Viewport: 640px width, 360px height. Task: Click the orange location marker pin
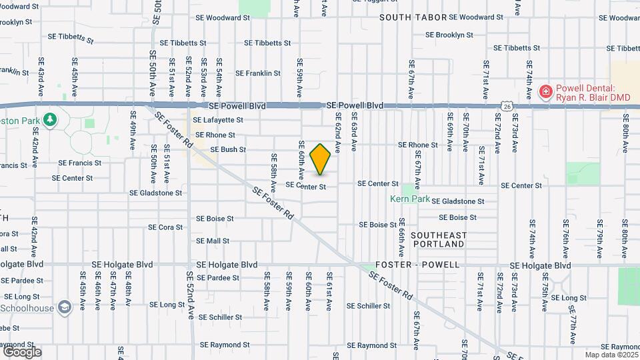click(x=321, y=159)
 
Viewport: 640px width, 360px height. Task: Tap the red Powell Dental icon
click(x=545, y=91)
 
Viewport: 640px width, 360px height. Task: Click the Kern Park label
click(x=409, y=199)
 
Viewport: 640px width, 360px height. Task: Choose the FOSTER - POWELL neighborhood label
click(x=417, y=265)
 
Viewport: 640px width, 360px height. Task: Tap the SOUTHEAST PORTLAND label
click(x=437, y=239)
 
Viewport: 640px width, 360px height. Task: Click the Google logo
click(x=22, y=351)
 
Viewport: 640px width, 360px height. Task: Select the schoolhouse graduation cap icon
click(x=65, y=307)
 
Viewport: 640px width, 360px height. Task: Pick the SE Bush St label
click(x=228, y=149)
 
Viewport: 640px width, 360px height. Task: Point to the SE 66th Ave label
click(x=402, y=237)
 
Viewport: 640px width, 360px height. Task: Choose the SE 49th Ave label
click(x=133, y=135)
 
